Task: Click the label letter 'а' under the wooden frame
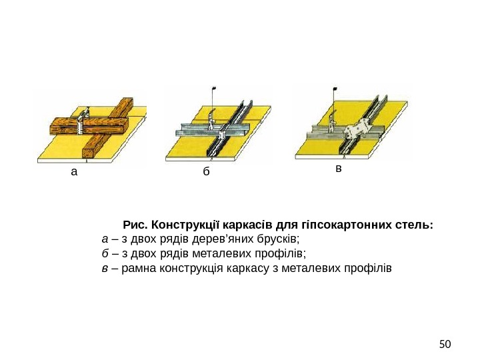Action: pos(73,171)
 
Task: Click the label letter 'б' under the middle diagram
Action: pos(207,171)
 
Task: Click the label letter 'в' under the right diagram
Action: pos(339,169)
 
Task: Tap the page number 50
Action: pos(445,345)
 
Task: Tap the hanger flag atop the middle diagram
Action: pos(215,88)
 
